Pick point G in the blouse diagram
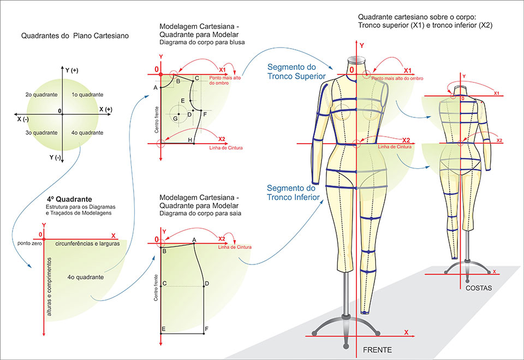[175, 118]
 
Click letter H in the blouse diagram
[190, 140]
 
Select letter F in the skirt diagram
[206, 329]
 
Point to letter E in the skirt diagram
[164, 329]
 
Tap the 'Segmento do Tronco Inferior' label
[293, 192]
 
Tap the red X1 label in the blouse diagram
[223, 70]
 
